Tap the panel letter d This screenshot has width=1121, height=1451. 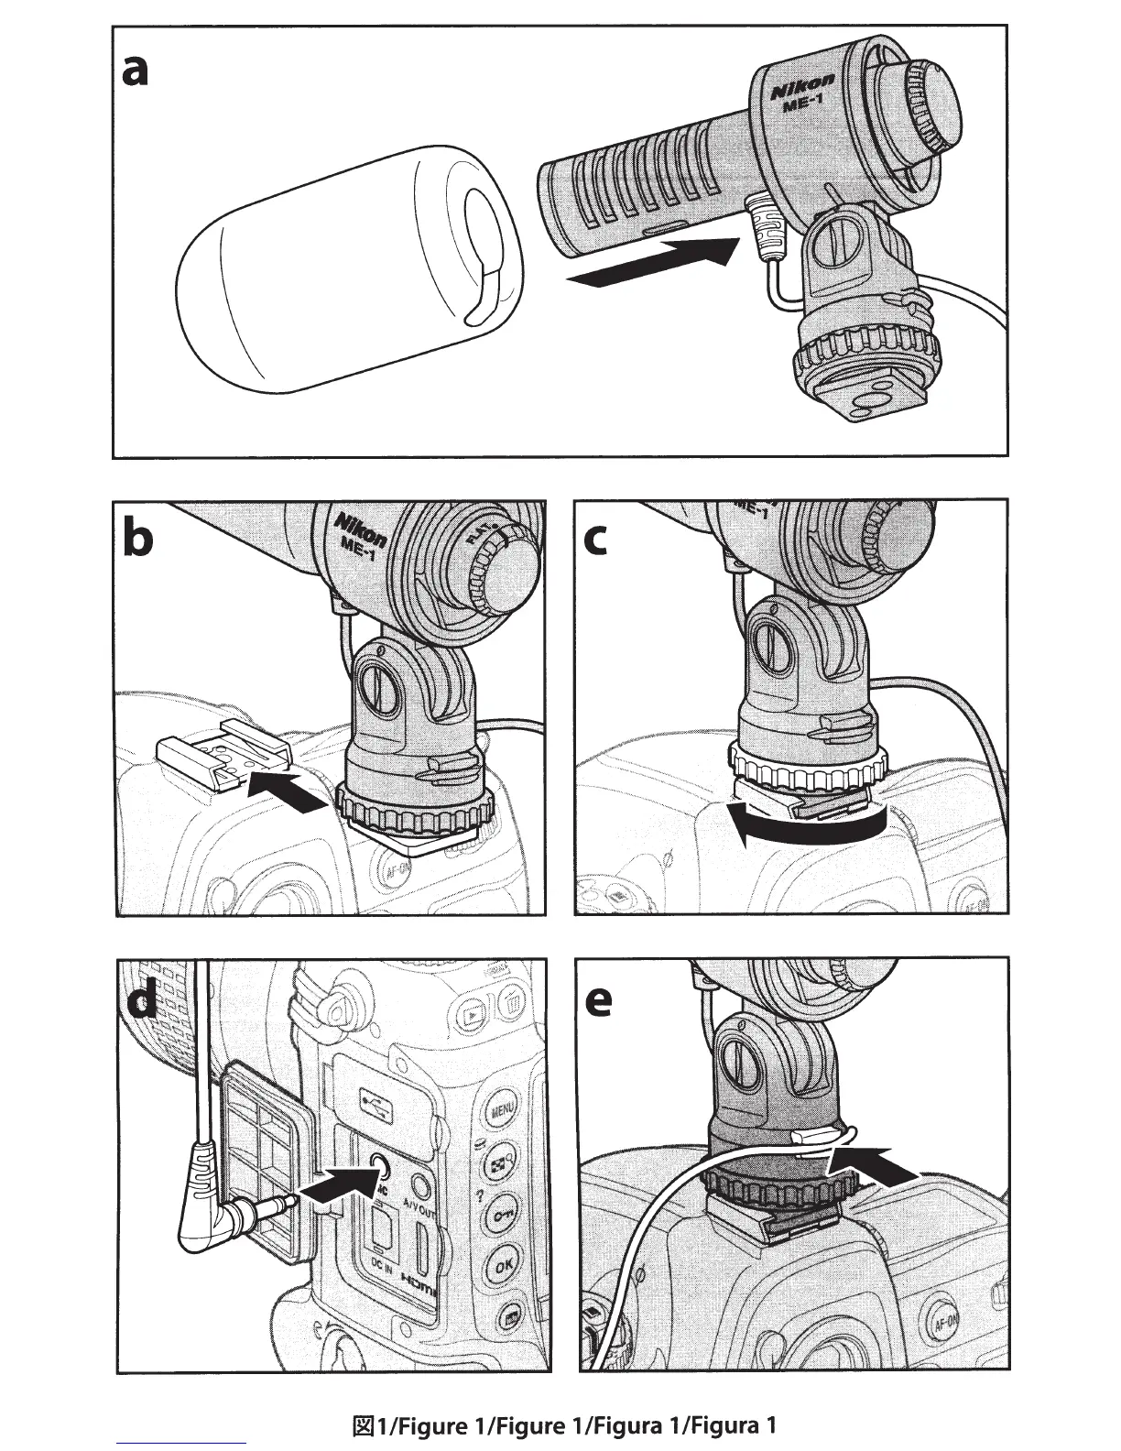pyautogui.click(x=142, y=1000)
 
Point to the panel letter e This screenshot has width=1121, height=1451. pyautogui.click(x=598, y=1000)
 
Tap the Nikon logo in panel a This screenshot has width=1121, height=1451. pyautogui.click(x=801, y=90)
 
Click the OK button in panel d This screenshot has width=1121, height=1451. pyautogui.click(x=502, y=1266)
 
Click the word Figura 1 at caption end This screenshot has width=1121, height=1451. pyautogui.click(x=734, y=1425)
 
